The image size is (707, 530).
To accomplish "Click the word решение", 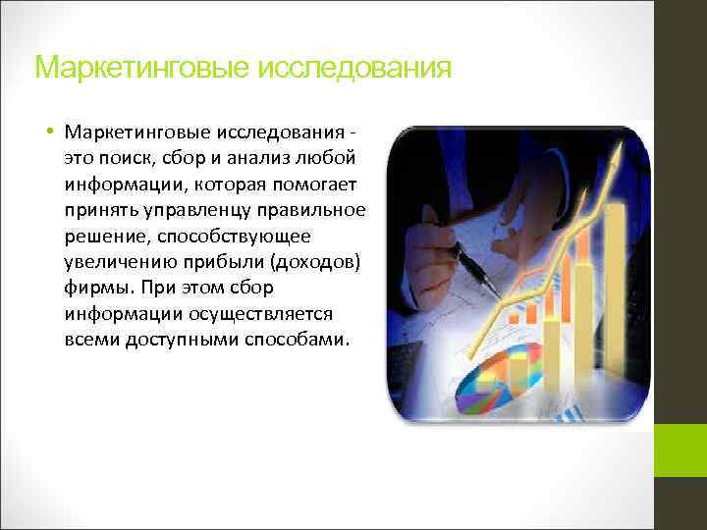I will click(x=104, y=237).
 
